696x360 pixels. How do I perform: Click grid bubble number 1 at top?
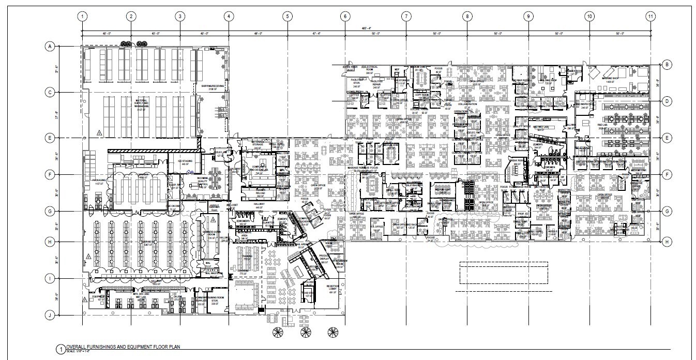point(81,16)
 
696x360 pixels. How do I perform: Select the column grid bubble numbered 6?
point(345,16)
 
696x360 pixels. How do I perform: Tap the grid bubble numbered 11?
point(650,16)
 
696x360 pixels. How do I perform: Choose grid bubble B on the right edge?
point(667,65)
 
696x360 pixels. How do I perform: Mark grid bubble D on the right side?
point(667,101)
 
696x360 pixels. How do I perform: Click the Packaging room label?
point(99,181)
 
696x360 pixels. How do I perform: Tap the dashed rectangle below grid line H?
point(503,273)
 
